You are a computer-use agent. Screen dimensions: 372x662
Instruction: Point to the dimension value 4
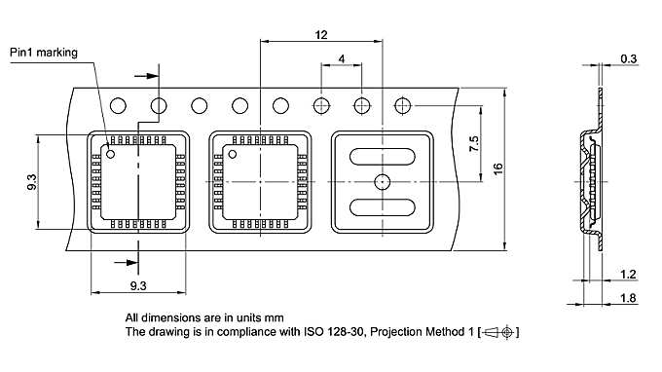coord(342,59)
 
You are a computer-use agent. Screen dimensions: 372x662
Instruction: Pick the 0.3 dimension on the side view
coord(629,59)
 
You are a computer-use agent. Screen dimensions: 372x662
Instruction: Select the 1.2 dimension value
coord(629,275)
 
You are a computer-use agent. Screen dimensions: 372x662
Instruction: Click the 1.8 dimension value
coord(629,298)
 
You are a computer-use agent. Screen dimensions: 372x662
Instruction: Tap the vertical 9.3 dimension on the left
coord(32,182)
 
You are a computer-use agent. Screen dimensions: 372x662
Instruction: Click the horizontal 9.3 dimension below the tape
coord(137,284)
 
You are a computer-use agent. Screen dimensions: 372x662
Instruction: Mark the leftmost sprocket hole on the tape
coord(120,104)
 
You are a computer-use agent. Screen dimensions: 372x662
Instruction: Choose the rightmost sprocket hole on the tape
coord(401,104)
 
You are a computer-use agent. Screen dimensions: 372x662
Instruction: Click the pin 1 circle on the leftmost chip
coord(111,154)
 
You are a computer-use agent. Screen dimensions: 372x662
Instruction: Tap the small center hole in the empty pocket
coord(383,181)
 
